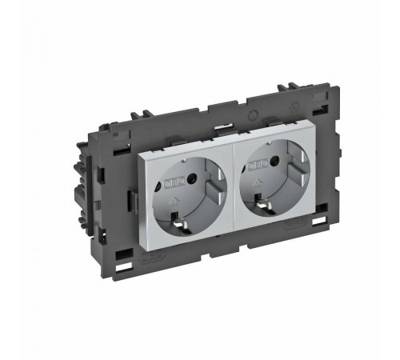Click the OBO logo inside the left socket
pyautogui.click(x=173, y=182)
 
